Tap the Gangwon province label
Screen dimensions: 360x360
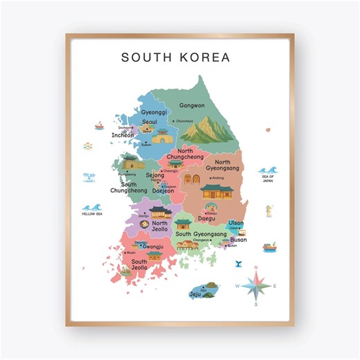point(192,106)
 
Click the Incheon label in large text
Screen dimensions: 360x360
point(123,136)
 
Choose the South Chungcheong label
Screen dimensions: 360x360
point(129,188)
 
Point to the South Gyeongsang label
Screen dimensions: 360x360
point(201,235)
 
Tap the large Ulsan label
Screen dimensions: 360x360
point(236,223)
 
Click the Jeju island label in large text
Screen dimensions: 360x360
point(195,294)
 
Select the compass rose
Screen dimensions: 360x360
point(256,285)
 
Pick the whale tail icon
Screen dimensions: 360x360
point(237,263)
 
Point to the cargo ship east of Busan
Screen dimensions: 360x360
point(269,246)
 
